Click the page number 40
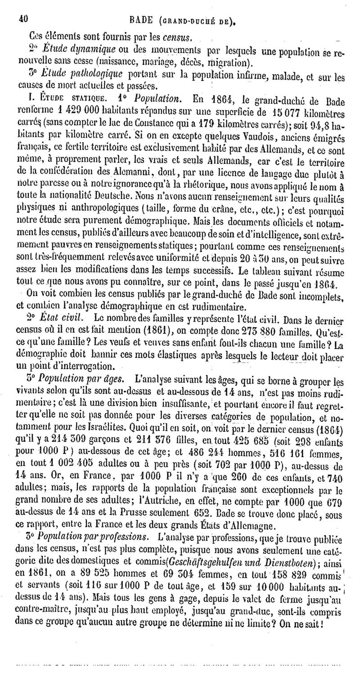tap(23, 19)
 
